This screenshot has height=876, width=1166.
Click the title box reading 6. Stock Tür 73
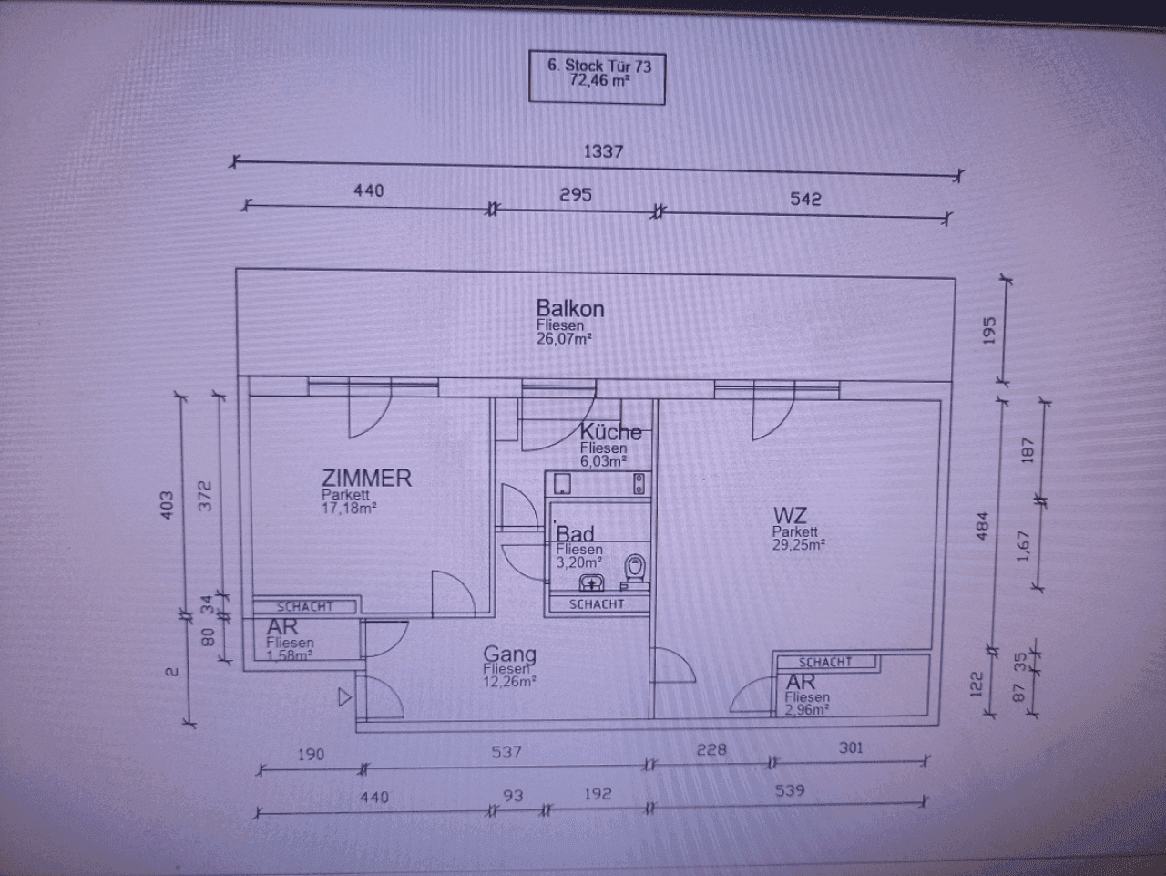(598, 73)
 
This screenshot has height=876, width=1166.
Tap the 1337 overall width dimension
(603, 151)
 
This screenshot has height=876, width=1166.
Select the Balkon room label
(570, 308)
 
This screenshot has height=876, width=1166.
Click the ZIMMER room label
(366, 478)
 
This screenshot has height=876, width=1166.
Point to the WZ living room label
(789, 516)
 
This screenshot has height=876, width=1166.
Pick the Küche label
(610, 432)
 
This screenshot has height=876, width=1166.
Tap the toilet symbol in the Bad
(635, 568)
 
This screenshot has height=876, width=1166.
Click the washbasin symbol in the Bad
(593, 582)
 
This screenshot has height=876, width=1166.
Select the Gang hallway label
(509, 654)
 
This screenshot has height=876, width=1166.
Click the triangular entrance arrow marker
(344, 697)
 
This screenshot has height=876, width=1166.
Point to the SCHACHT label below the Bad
(597, 603)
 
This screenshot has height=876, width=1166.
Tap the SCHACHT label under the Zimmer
(305, 606)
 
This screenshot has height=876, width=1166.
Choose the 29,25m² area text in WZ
(799, 545)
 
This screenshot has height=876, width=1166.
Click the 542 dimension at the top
(805, 199)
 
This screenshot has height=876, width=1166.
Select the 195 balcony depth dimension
(989, 330)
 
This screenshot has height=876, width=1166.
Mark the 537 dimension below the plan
(506, 752)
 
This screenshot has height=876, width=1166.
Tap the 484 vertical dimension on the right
(982, 526)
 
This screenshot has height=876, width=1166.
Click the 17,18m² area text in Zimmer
(349, 509)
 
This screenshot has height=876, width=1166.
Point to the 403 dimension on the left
(166, 505)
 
